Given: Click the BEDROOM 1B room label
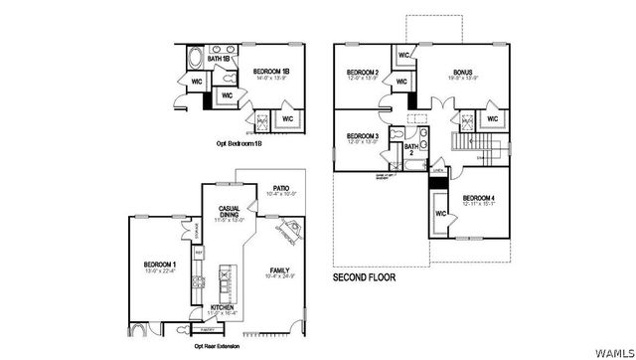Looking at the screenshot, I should click(x=270, y=73).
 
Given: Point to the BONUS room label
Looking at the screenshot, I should click(x=463, y=73).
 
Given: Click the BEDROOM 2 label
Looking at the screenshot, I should click(x=363, y=73).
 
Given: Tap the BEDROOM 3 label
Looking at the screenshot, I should click(x=363, y=135).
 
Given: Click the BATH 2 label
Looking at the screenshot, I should click(x=411, y=150).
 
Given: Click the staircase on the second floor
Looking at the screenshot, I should click(x=463, y=138).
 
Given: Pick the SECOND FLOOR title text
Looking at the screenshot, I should click(x=364, y=278).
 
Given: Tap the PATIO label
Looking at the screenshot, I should click(x=280, y=188).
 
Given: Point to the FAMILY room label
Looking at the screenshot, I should click(x=281, y=270).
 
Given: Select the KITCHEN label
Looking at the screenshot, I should click(x=222, y=308).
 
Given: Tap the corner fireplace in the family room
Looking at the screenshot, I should click(x=288, y=234).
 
